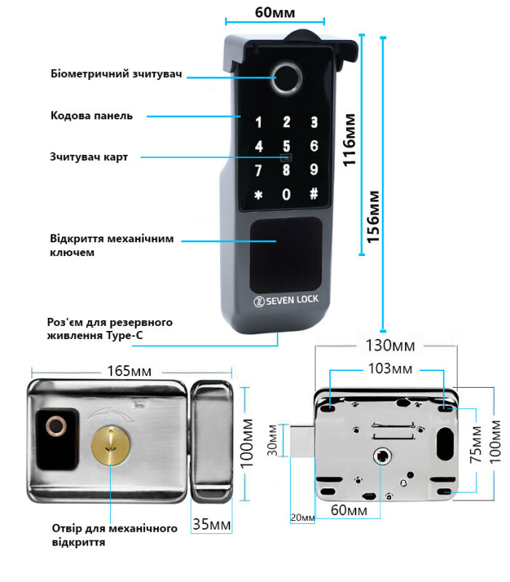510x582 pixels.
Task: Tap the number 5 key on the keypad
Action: pyautogui.click(x=286, y=146)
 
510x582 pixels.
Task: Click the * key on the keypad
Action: pyautogui.click(x=257, y=195)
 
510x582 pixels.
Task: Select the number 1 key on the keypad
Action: pyautogui.click(x=258, y=122)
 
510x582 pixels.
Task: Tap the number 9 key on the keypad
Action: pyautogui.click(x=314, y=170)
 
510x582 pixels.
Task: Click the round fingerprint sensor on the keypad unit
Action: pyautogui.click(x=286, y=81)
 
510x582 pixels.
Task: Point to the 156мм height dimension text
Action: pyautogui.click(x=372, y=218)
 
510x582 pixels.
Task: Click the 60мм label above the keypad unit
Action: pyautogui.click(x=275, y=12)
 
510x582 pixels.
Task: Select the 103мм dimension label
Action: pyautogui.click(x=388, y=369)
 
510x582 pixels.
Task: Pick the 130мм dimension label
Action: pyautogui.click(x=388, y=344)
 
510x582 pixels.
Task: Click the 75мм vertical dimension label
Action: pyautogui.click(x=474, y=446)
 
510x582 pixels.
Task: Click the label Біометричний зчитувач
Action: pyautogui.click(x=116, y=74)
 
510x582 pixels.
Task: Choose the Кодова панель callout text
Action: pyautogui.click(x=92, y=116)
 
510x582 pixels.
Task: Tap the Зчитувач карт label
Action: pyautogui.click(x=89, y=156)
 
